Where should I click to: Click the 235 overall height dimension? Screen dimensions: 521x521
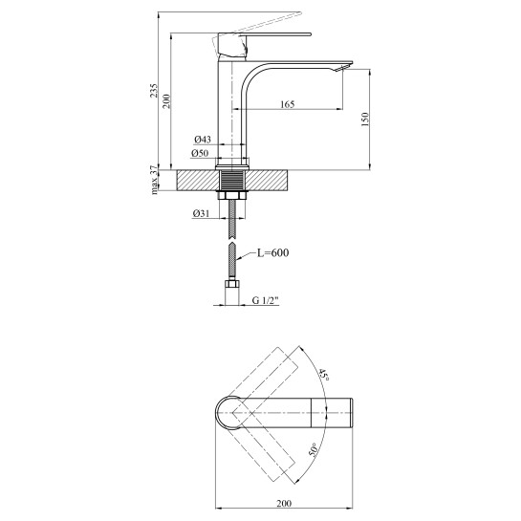(153, 91)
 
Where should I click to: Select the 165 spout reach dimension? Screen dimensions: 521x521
(288, 104)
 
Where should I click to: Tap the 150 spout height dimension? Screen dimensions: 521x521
(365, 119)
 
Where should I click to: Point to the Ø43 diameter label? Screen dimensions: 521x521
(203, 140)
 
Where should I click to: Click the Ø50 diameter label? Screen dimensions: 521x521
(200, 153)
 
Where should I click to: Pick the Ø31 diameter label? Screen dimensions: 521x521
(201, 213)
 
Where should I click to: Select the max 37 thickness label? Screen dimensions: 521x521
(154, 180)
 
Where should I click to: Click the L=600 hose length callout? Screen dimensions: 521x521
(273, 253)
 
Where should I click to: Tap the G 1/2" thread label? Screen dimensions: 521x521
(265, 300)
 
